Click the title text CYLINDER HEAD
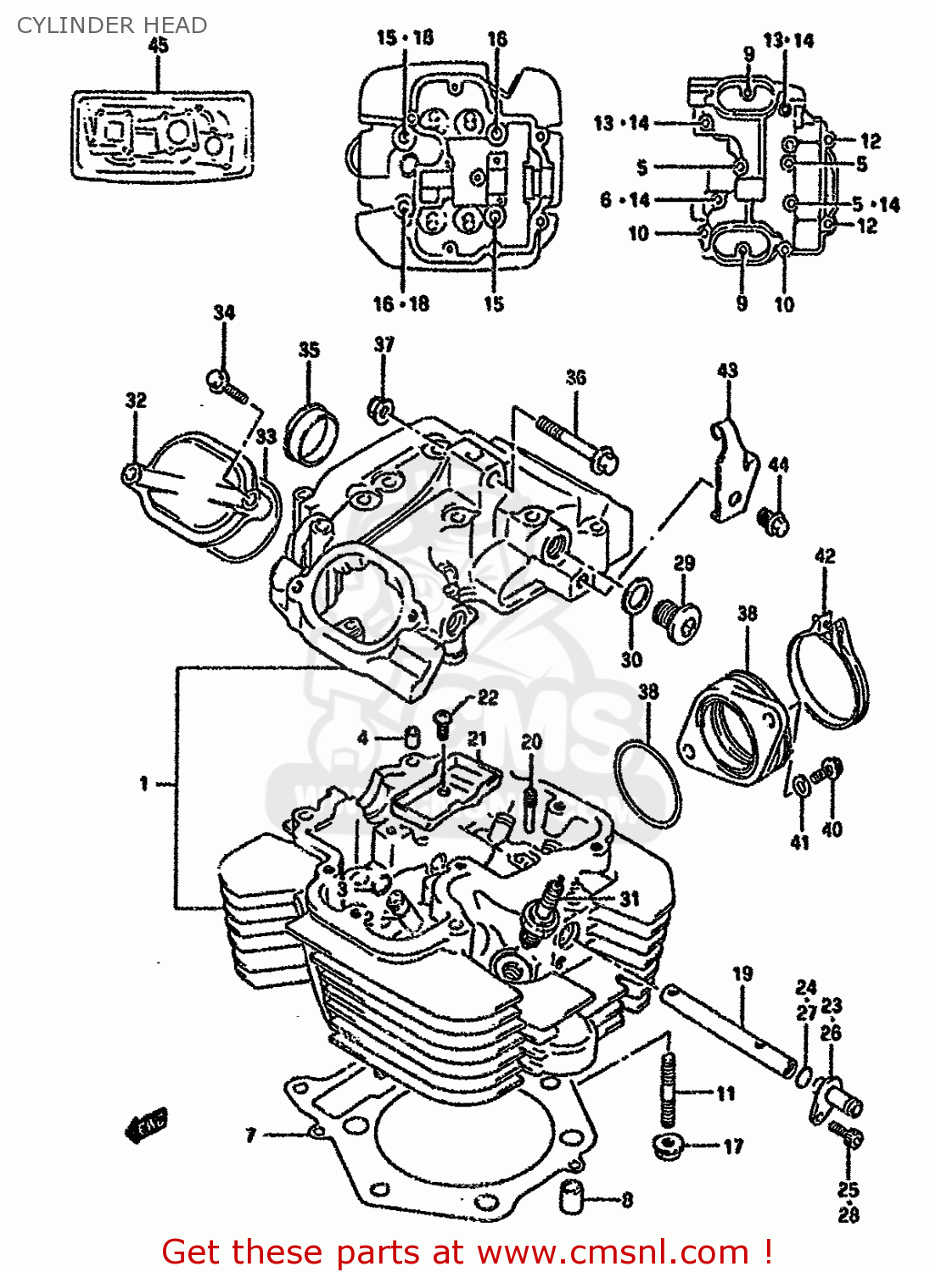[x=112, y=25]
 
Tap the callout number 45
[x=159, y=46]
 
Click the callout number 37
[x=384, y=344]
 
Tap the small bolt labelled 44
[x=775, y=520]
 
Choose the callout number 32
[x=136, y=400]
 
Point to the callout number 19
[x=742, y=974]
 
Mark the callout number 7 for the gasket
[x=251, y=1135]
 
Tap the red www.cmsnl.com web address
[x=613, y=1252]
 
